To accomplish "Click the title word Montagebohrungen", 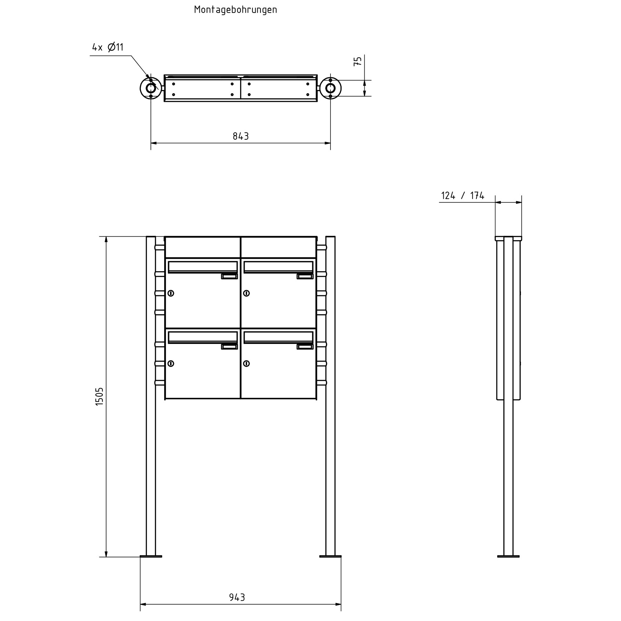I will [x=235, y=10].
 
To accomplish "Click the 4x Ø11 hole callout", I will [x=108, y=47].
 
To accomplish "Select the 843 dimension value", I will [x=240, y=136].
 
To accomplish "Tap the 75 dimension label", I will [x=358, y=61].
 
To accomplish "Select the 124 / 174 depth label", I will [x=462, y=196].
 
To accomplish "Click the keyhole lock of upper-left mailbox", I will [x=171, y=293].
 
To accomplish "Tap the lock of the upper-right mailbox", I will [x=246, y=293].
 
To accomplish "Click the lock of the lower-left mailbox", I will [x=171, y=363].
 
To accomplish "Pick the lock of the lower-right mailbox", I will [x=246, y=363].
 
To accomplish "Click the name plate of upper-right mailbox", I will [x=305, y=276].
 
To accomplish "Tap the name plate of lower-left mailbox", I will [x=229, y=347].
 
